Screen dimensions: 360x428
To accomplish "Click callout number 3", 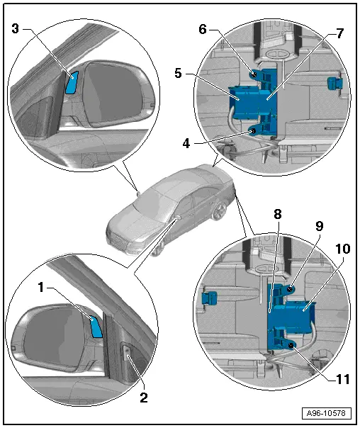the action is (x=16, y=28).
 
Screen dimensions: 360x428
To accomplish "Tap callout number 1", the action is (x=41, y=288).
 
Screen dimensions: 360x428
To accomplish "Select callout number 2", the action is (x=144, y=398).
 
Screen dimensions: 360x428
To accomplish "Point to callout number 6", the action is (x=203, y=29).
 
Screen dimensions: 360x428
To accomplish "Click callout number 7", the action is (x=339, y=34).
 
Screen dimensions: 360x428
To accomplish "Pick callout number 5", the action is (x=178, y=74).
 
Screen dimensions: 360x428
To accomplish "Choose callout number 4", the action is (x=186, y=143).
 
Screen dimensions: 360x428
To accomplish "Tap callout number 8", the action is (x=278, y=214).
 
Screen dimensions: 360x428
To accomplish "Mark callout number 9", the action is (x=320, y=226).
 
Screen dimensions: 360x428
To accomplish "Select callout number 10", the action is (x=343, y=249).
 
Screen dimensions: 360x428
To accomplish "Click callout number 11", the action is (x=343, y=379).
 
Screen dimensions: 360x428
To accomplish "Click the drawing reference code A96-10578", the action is (x=326, y=413).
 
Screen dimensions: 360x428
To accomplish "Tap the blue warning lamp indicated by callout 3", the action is (x=72, y=82).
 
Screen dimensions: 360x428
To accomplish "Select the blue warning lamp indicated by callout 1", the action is (x=96, y=327).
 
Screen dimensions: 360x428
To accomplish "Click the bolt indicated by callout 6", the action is (x=254, y=74).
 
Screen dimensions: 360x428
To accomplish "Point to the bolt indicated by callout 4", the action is (x=253, y=132).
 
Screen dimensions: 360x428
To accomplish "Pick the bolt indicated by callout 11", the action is (x=292, y=346).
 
